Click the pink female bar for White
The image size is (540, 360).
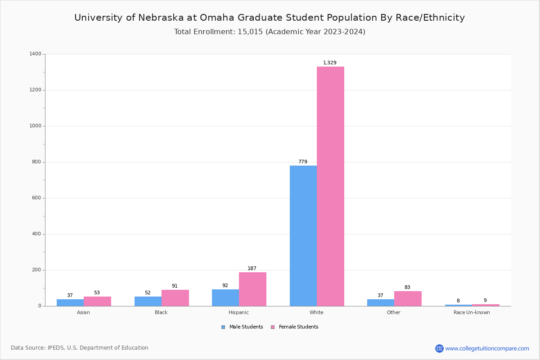pyautogui.click(x=330, y=186)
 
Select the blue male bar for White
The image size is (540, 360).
pyautogui.click(x=303, y=236)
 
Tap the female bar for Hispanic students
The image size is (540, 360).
pyautogui.click(x=252, y=289)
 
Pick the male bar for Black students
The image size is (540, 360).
pyautogui.click(x=148, y=301)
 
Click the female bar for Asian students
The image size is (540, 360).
pyautogui.click(x=97, y=301)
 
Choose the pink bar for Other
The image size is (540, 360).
pyautogui.click(x=408, y=298)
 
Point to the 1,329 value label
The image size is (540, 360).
pyautogui.click(x=330, y=63)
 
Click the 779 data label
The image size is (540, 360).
pyautogui.click(x=303, y=162)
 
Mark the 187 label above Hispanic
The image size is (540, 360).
pyautogui.click(x=252, y=269)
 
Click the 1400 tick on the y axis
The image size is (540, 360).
pyautogui.click(x=36, y=54)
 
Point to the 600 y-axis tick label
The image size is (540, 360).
pyautogui.click(x=36, y=198)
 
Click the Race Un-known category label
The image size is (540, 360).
pyautogui.click(x=472, y=312)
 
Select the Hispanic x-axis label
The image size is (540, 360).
pyautogui.click(x=238, y=312)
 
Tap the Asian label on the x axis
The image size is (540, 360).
pyautogui.click(x=83, y=312)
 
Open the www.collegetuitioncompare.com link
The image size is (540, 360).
pyautogui.click(x=487, y=348)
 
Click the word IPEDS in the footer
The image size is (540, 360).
pyautogui.click(x=57, y=348)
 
